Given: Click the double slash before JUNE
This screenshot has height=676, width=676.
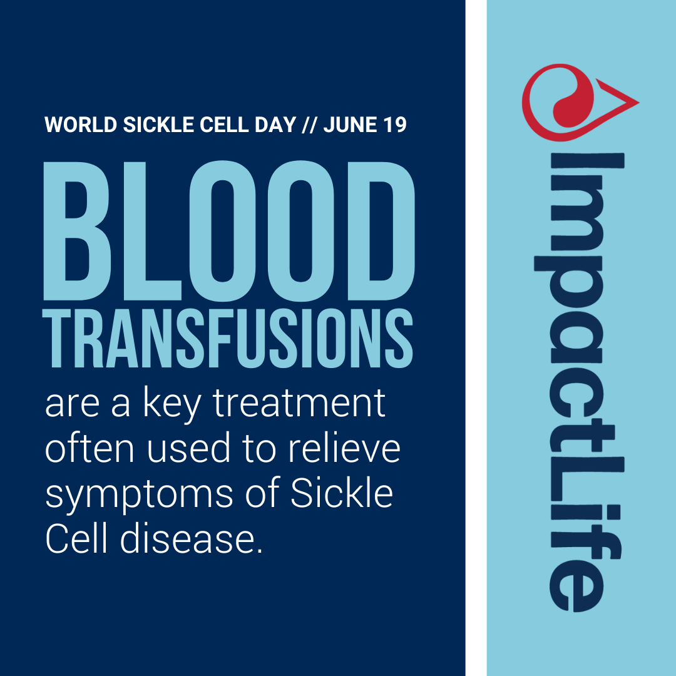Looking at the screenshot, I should [309, 125].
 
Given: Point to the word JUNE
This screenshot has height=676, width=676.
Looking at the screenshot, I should [349, 125].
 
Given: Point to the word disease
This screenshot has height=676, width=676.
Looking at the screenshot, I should [191, 540].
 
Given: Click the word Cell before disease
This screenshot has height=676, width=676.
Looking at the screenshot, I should [78, 540].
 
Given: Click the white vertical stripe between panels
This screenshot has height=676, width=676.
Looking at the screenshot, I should [476, 338].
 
